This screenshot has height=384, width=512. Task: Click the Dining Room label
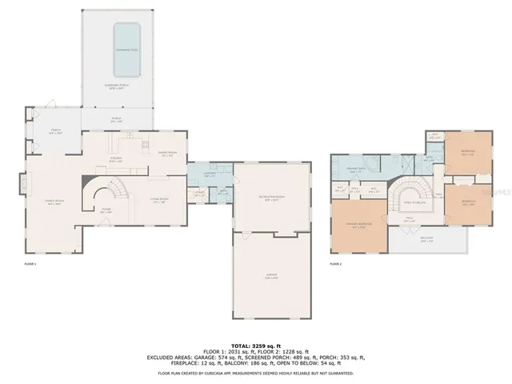[166, 154]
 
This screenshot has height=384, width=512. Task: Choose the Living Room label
[158, 200]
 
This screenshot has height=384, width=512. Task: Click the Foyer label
[105, 212]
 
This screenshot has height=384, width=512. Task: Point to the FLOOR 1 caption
[30, 263]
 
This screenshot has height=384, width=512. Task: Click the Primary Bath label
[357, 169]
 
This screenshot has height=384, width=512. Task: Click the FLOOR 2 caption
[336, 263]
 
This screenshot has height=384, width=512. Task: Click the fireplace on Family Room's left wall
[22, 186]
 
